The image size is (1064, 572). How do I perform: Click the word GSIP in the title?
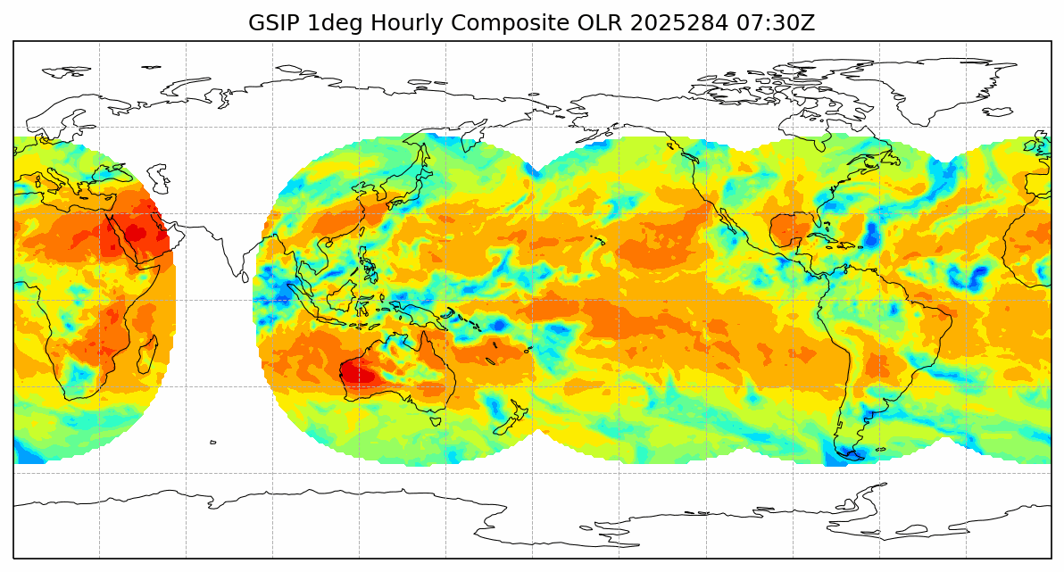[274, 23]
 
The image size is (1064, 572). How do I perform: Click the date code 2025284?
[678, 23]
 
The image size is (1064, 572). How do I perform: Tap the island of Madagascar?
[148, 354]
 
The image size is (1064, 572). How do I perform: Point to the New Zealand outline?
[512, 418]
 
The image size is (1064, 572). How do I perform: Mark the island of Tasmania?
[435, 420]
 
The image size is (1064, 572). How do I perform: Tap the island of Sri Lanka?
[245, 277]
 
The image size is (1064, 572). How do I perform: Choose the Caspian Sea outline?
[158, 178]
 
